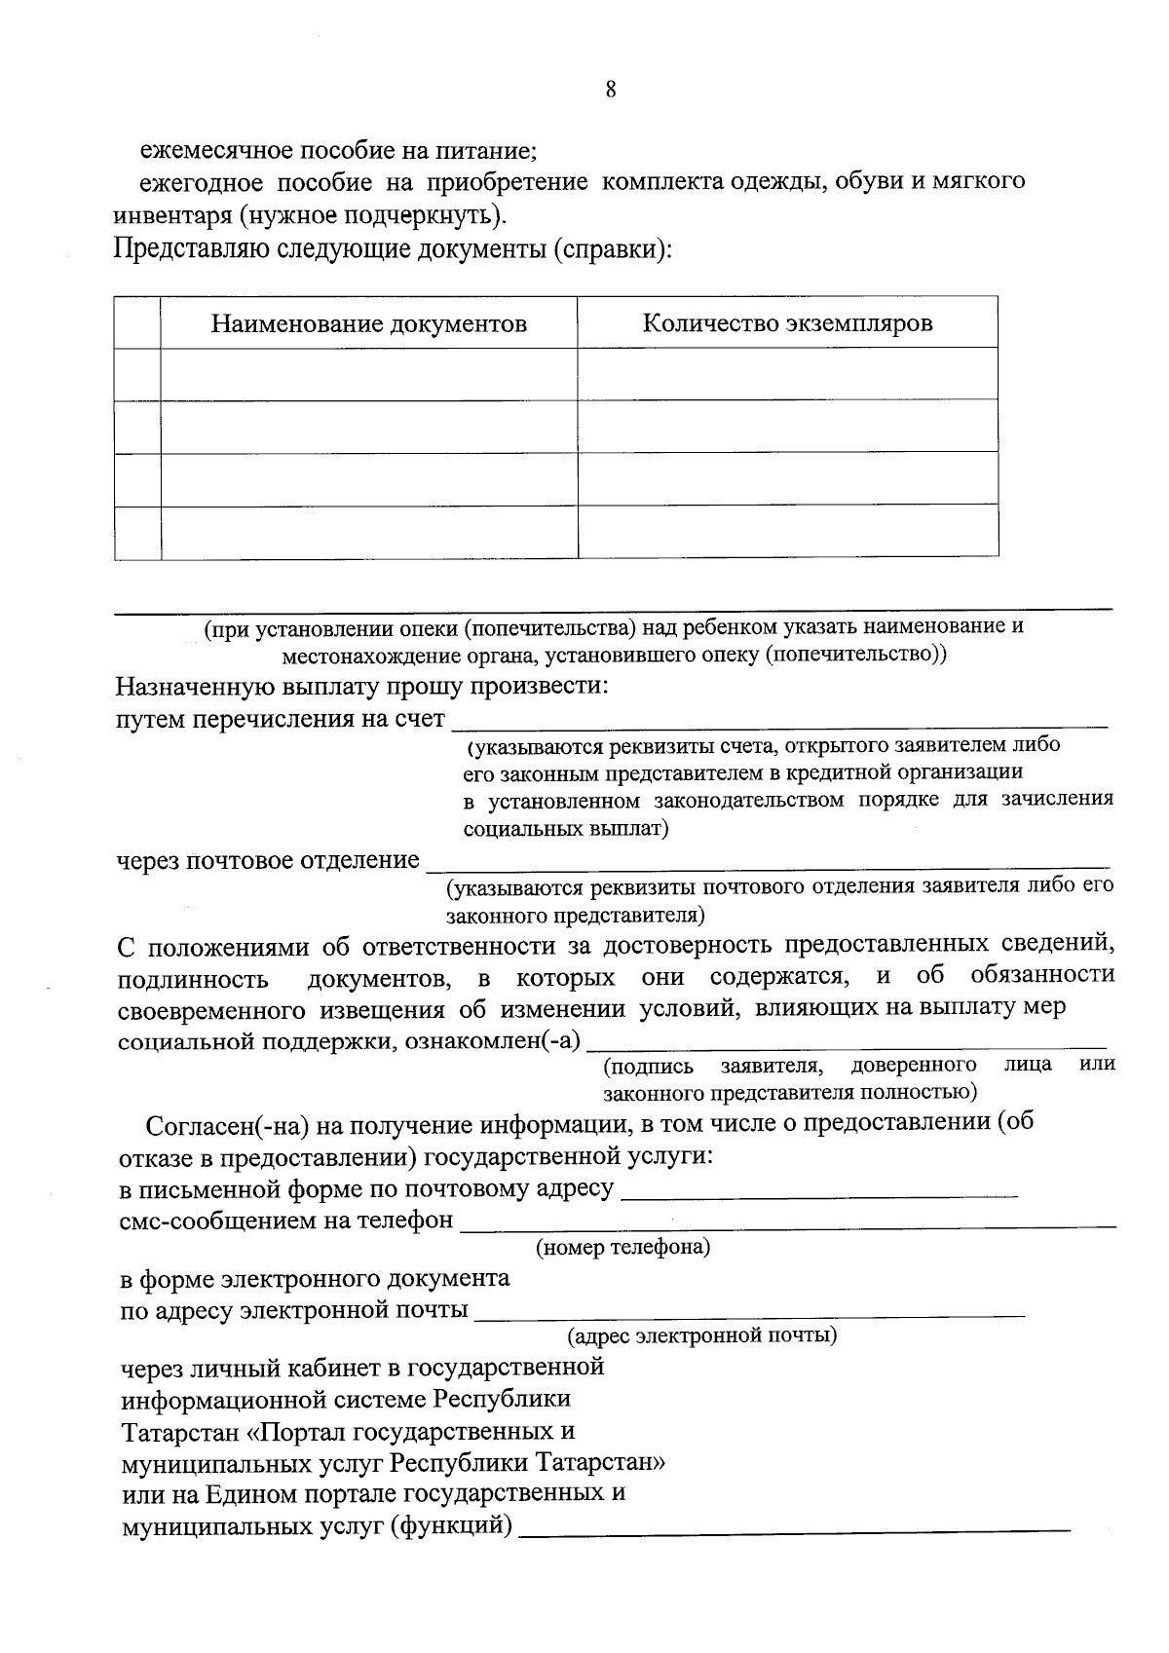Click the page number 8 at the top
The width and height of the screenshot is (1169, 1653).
pyautogui.click(x=611, y=91)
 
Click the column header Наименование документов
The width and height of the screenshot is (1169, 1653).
pyautogui.click(x=369, y=324)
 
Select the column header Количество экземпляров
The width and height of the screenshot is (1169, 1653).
pyautogui.click(x=787, y=323)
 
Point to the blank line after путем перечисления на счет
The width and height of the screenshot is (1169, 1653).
pyautogui.click(x=779, y=725)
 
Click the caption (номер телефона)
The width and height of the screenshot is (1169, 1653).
pyautogui.click(x=622, y=1247)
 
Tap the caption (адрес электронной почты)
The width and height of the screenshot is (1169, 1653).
pyautogui.click(x=702, y=1334)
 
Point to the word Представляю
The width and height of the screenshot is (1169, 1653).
pyautogui.click(x=186, y=249)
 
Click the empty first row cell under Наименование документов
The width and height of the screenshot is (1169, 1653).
pyautogui.click(x=369, y=375)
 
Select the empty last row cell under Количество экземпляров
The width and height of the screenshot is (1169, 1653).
pyautogui.click(x=787, y=532)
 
